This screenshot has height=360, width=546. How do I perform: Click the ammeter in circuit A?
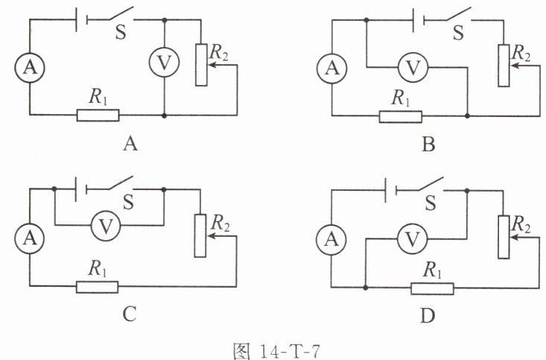point(30,67)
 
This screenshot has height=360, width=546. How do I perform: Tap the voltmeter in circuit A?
point(164,62)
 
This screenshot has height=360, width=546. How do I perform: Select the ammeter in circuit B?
point(332,68)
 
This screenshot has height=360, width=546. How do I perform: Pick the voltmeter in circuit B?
point(413,68)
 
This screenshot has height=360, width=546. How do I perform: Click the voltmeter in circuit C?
point(106,226)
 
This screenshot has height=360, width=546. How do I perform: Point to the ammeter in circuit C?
point(30,238)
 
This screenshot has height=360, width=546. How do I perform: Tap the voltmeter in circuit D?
point(412,239)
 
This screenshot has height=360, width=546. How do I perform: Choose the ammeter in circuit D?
point(331,239)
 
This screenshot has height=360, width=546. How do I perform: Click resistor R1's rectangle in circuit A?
point(98,115)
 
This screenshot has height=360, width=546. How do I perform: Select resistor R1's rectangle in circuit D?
point(432,288)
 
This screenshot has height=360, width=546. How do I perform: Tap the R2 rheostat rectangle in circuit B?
point(504,66)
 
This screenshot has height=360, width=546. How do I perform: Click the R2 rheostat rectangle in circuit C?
point(200,236)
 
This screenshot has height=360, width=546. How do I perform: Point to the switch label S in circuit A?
point(121,32)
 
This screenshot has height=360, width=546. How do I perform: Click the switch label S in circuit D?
point(431,203)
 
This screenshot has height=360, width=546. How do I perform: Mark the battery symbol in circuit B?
point(418,21)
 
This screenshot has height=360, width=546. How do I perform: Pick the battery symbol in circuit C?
point(81,189)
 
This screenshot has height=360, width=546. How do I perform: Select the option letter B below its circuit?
point(428,144)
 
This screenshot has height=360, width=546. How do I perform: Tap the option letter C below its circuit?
point(129,314)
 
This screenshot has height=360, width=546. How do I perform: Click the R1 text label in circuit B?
point(401,98)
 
